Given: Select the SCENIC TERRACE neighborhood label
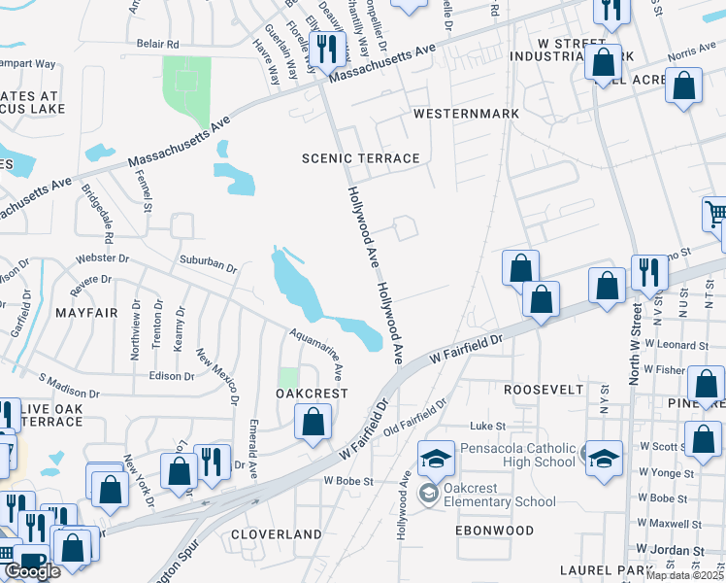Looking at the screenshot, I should (360, 158).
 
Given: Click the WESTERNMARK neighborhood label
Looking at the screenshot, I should (466, 114).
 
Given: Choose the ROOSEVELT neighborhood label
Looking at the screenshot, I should (544, 389).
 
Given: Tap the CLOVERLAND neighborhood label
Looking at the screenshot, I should (276, 534).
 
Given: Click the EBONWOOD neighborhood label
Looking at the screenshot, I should (495, 531).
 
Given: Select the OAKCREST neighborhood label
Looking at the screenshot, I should (312, 394).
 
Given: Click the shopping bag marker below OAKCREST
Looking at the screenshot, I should (313, 423).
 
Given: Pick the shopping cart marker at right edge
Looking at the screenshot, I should (715, 214).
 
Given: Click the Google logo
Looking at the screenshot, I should (32, 571).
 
